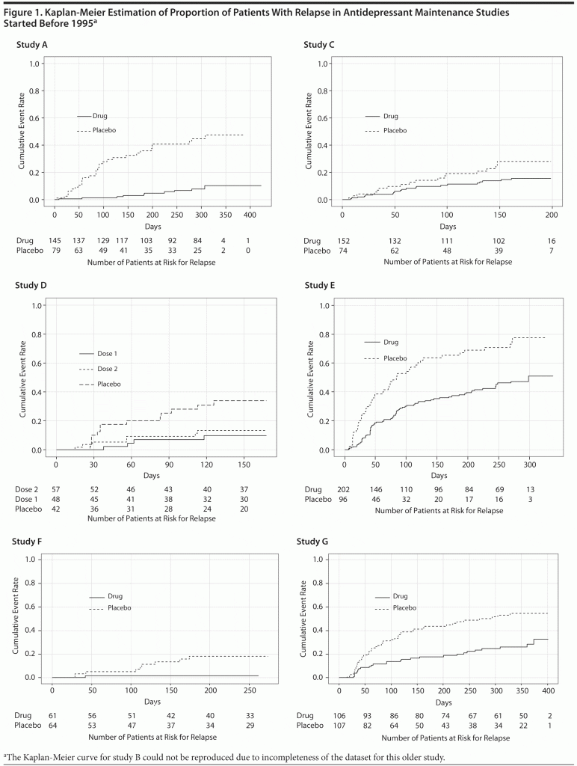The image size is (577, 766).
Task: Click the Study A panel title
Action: [x=32, y=45]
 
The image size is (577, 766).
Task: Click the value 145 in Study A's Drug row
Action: [x=55, y=240]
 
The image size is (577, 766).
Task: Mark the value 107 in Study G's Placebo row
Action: [x=339, y=738]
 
